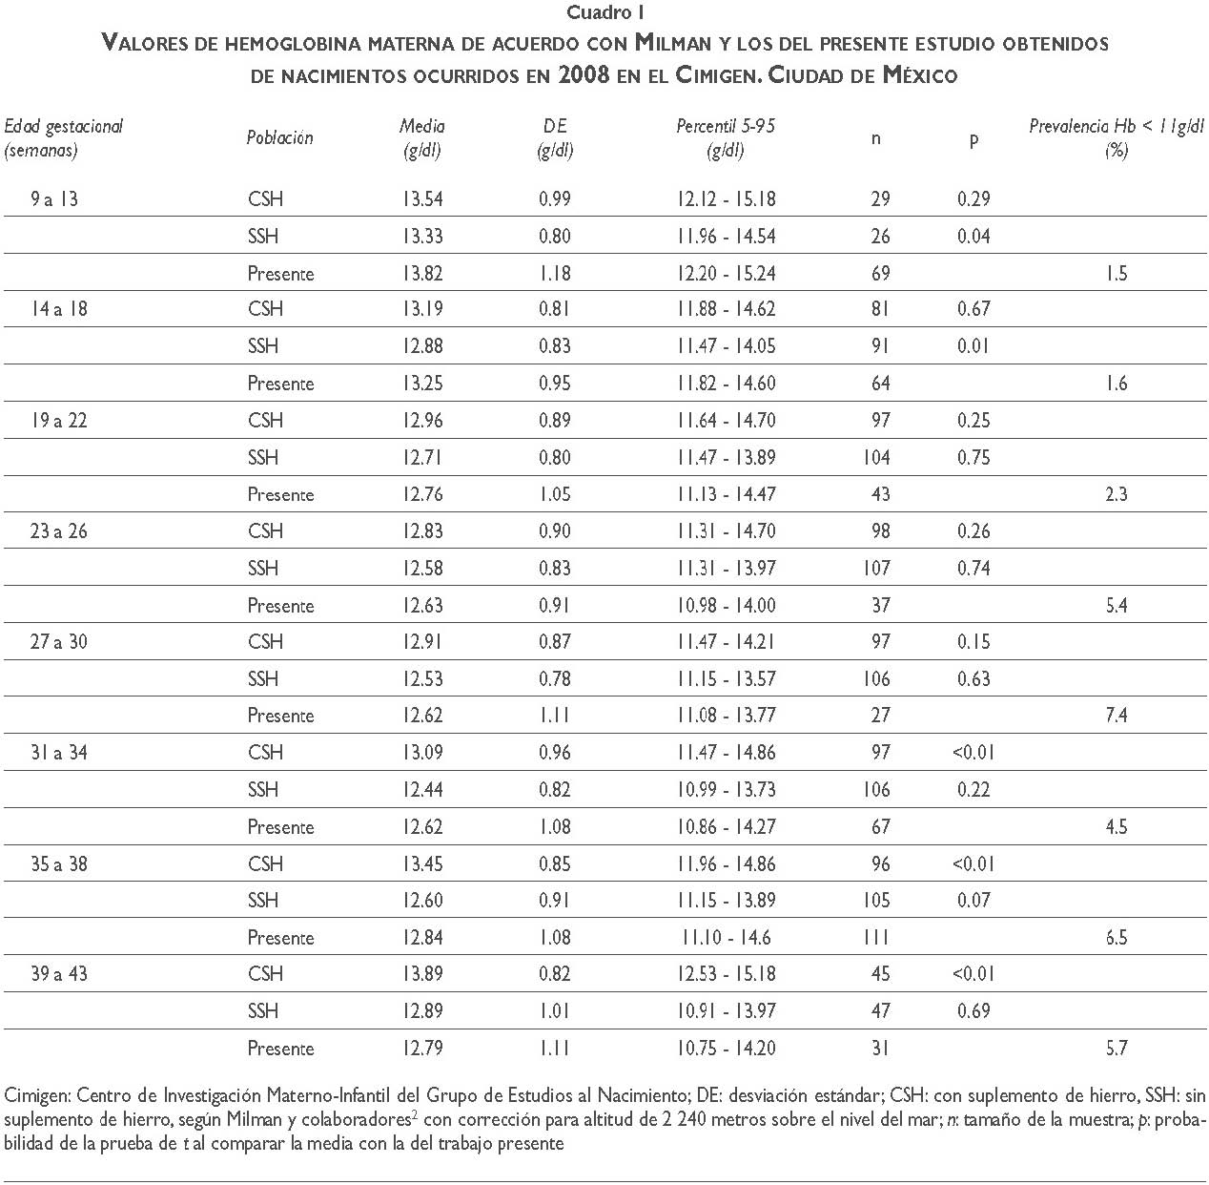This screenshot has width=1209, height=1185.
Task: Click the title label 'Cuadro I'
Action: (604, 12)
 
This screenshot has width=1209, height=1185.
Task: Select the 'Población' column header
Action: (279, 137)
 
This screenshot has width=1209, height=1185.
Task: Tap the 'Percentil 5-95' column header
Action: (726, 126)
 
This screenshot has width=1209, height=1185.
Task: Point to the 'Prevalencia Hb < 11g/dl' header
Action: (1116, 126)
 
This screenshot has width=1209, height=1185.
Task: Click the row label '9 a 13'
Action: (55, 199)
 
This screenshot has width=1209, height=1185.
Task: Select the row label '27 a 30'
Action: (58, 642)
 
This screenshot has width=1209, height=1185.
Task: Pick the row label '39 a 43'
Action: (58, 974)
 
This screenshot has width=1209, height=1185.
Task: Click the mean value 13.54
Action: (422, 199)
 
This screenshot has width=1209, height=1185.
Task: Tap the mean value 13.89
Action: (422, 974)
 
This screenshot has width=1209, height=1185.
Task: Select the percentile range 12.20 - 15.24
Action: (727, 274)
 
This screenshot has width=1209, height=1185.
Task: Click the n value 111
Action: (875, 938)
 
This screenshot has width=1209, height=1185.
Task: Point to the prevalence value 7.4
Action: (1117, 716)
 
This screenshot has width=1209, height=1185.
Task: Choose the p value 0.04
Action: (973, 237)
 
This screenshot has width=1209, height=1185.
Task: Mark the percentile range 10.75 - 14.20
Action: (727, 1049)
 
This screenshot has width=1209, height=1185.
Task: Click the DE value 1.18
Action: (555, 274)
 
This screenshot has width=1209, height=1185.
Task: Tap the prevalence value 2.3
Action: (1117, 494)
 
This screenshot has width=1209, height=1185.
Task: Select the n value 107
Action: (875, 569)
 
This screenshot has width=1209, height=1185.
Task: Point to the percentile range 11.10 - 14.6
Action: (727, 938)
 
